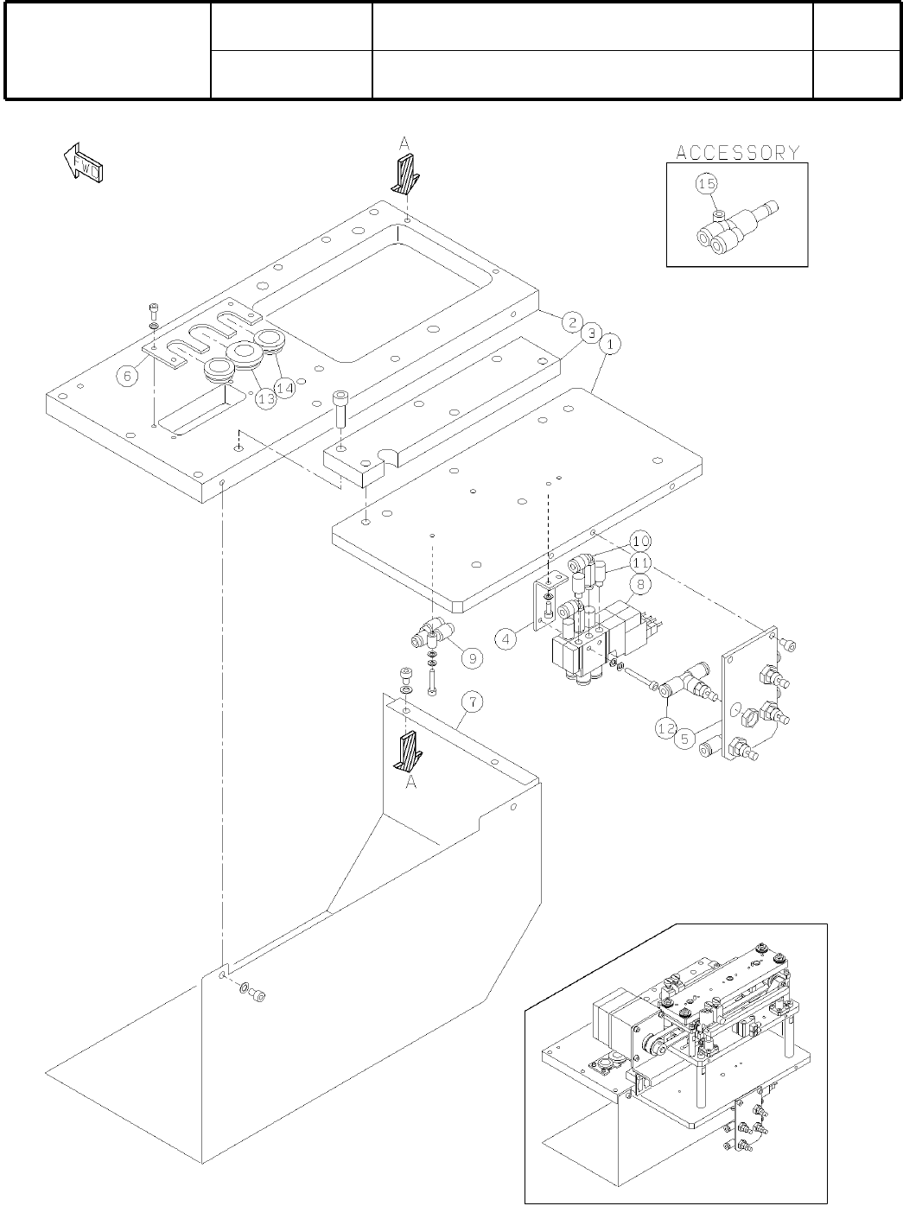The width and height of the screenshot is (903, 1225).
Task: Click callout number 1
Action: (x=609, y=344)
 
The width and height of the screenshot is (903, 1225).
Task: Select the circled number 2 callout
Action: (x=570, y=322)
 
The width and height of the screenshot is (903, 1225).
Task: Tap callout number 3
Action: (x=590, y=333)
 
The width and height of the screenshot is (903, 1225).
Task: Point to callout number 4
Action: (x=506, y=639)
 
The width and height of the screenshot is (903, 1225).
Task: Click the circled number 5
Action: (x=684, y=739)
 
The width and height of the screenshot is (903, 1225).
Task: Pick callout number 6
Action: (x=127, y=376)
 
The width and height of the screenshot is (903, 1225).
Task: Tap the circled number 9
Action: (x=471, y=658)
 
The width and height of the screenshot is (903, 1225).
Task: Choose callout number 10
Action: (x=639, y=542)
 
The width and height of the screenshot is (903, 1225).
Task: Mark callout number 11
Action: (x=639, y=562)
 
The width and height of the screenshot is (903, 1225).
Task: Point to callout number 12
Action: (x=665, y=728)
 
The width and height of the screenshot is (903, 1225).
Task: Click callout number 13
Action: (x=264, y=397)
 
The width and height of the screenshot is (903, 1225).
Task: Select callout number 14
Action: (x=285, y=388)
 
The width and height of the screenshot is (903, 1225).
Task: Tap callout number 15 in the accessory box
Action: (x=707, y=184)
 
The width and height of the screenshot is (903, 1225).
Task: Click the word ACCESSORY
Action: (x=737, y=153)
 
